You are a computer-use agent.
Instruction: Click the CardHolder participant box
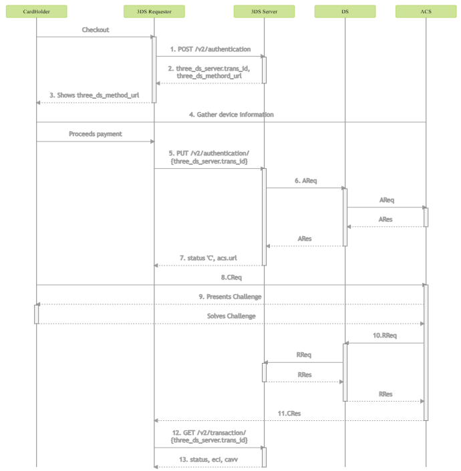36,11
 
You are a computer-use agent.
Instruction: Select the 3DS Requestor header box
154,11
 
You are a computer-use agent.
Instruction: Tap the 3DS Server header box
264,11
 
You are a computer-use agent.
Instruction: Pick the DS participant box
345,11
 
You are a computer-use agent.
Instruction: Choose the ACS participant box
426,11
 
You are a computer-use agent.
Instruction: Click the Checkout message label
96,30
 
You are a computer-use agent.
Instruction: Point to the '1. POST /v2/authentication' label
210,49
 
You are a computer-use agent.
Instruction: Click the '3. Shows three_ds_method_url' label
94,95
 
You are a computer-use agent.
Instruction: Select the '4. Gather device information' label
231,115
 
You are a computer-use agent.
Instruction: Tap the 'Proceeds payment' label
96,134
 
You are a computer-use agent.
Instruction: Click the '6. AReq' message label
306,181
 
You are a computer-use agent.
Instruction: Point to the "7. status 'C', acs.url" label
208,258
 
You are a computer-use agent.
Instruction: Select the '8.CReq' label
231,278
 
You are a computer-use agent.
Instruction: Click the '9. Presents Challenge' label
230,297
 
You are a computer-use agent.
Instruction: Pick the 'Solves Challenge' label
231,316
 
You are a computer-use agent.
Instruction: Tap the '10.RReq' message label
385,336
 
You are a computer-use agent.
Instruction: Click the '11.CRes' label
289,414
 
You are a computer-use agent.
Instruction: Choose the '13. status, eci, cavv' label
208,460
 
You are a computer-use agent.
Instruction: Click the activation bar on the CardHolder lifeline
36,314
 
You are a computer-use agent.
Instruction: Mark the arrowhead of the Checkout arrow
152,37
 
